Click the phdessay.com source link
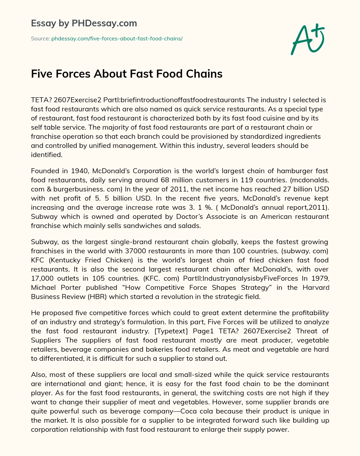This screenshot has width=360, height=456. (117, 38)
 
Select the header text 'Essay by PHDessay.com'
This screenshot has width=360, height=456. (84, 23)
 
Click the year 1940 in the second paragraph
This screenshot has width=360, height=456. (81, 171)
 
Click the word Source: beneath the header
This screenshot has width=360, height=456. (40, 38)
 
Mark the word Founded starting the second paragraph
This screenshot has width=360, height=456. (45, 171)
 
